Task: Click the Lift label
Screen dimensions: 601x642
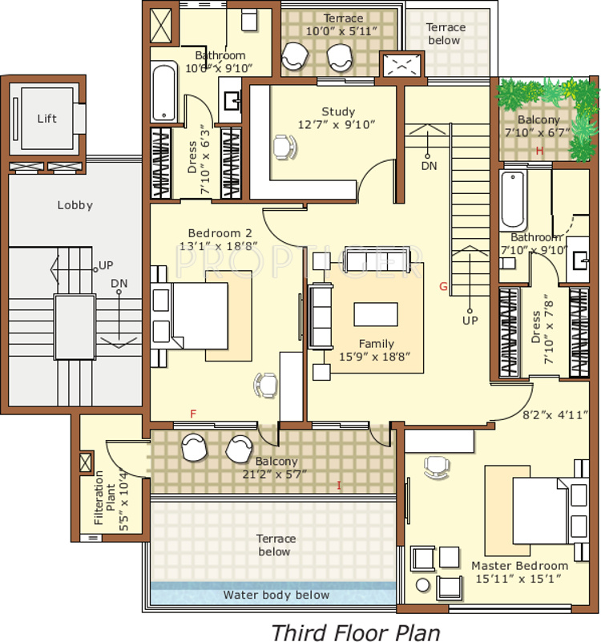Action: click(46, 119)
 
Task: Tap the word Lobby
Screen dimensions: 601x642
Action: click(75, 205)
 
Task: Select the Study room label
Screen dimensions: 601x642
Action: click(338, 111)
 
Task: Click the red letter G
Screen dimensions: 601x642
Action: click(443, 287)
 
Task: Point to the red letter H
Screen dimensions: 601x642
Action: click(539, 151)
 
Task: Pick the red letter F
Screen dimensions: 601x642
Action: click(193, 414)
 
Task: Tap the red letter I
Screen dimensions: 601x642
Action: click(339, 486)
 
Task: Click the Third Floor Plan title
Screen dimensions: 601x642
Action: click(355, 632)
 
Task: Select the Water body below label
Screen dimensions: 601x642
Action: click(276, 595)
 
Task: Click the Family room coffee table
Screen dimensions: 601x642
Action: click(376, 314)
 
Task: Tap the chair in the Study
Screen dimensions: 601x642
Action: click(284, 147)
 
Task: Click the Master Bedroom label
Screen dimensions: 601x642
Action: click(519, 566)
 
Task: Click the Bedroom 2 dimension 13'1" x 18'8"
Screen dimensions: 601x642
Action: click(218, 246)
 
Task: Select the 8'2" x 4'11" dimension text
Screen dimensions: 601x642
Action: click(555, 415)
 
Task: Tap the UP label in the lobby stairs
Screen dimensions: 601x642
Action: click(106, 265)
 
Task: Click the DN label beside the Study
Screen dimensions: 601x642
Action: click(429, 166)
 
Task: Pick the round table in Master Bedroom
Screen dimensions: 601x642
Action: click(423, 584)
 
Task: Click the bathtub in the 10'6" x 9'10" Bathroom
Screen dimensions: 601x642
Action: click(163, 91)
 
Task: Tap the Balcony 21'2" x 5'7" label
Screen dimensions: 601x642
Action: click(276, 468)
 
